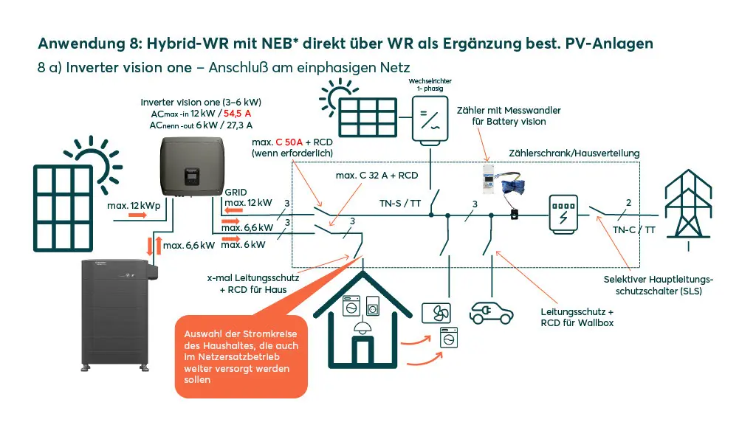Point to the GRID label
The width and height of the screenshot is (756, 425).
236,191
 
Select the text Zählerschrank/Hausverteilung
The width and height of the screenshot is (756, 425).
574,153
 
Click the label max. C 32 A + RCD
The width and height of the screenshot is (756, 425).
377,176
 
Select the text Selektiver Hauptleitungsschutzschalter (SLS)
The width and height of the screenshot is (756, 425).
659,285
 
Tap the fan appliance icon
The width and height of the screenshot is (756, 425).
436,314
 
